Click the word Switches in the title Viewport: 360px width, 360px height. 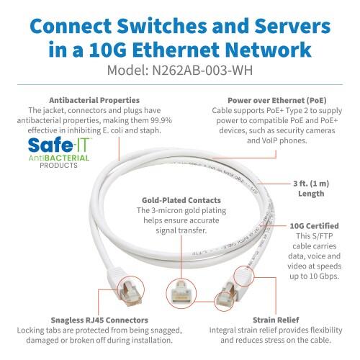click(x=167, y=25)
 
